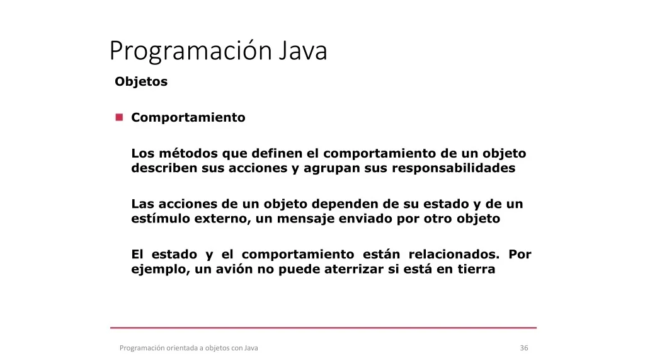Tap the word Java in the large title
[x=303, y=50]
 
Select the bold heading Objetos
[x=141, y=81]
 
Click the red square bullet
[x=119, y=117]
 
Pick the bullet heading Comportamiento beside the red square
[x=188, y=118]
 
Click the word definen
[x=277, y=153]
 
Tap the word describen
[x=164, y=168]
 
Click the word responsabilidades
[x=454, y=168]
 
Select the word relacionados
[x=454, y=255]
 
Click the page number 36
[x=524, y=348]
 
